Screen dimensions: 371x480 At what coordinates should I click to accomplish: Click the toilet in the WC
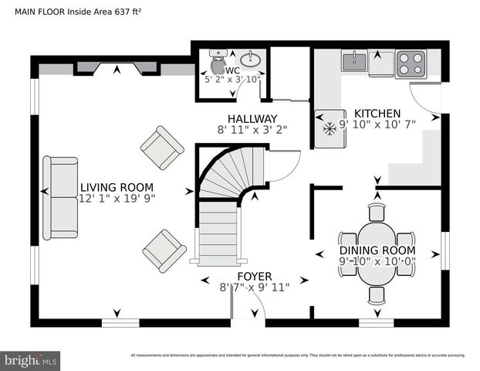point(217,60)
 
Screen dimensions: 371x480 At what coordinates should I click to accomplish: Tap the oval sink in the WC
point(249,60)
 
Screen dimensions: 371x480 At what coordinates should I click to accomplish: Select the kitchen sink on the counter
point(354,61)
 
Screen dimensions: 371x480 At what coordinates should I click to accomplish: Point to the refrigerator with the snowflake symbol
point(330,128)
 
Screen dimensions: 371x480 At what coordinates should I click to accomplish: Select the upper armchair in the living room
point(162,147)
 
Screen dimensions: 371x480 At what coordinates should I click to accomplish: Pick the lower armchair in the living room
point(164,249)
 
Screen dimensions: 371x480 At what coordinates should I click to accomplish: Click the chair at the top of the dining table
point(377,213)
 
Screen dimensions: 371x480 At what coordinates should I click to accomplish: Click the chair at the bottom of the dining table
point(377,294)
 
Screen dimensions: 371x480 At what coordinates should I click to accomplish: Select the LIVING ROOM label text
point(117,187)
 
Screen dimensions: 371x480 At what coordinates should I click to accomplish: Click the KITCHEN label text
point(377,114)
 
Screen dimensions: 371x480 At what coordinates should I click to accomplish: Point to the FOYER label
point(254,276)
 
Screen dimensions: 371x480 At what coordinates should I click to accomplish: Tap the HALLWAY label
point(246,119)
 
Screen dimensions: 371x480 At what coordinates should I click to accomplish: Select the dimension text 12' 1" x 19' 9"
point(117,199)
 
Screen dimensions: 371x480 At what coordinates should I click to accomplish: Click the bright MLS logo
point(31,360)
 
